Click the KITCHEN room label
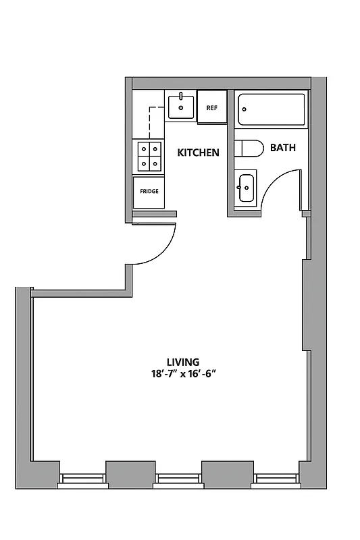pyautogui.click(x=198, y=153)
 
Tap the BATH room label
pyautogui.click(x=282, y=147)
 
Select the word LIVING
pyautogui.click(x=184, y=362)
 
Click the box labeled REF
pyautogui.click(x=211, y=108)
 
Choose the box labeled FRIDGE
pyautogui.click(x=149, y=191)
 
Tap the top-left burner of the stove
pyautogui.click(x=143, y=149)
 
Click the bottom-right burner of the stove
pyautogui.click(x=155, y=162)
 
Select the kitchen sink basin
pyautogui.click(x=180, y=106)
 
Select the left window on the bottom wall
pyautogui.click(x=82, y=480)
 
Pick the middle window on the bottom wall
pyautogui.click(x=179, y=480)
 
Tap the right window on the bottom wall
pyautogui.click(x=276, y=480)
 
